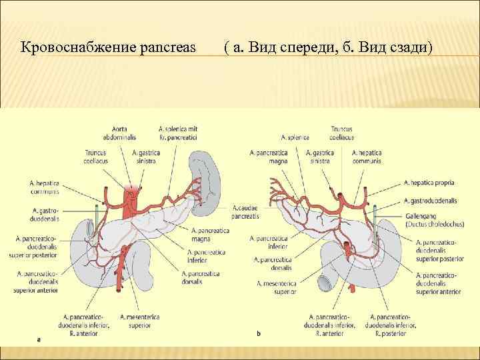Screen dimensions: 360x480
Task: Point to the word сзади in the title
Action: tap(407, 48)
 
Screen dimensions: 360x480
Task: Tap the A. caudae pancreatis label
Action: tap(247, 213)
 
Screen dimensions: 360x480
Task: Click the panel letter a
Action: tap(39, 338)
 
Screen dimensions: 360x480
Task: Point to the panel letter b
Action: tap(258, 333)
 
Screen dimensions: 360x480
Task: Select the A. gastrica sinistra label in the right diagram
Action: tap(319, 157)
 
